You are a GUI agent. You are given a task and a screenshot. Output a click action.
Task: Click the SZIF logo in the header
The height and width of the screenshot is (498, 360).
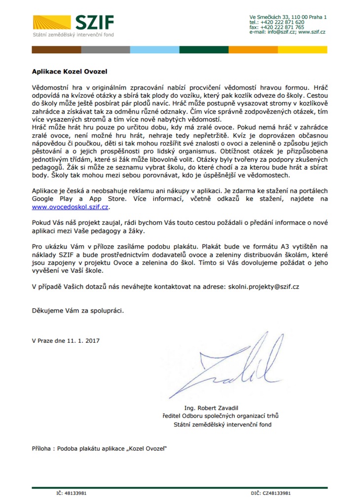pos(73,23)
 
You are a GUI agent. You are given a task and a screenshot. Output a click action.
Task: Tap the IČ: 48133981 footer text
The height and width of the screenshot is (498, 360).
pos(72,493)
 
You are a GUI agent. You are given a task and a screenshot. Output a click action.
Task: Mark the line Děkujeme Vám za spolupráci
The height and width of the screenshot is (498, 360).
pos(77,311)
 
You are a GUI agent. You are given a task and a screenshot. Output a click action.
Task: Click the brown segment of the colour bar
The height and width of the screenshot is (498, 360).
pos(56,50)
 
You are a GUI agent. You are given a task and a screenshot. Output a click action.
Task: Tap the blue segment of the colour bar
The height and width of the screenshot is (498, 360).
pos(154,50)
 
